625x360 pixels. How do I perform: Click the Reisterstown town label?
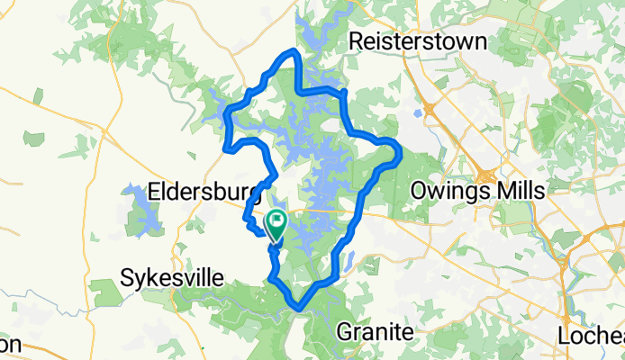(x=417, y=41)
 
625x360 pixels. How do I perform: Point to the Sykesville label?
(x=171, y=278)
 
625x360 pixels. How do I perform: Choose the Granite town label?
(x=376, y=332)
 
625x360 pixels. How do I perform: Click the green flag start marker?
(x=276, y=222)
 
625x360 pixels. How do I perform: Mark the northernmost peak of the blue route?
(x=291, y=50)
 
